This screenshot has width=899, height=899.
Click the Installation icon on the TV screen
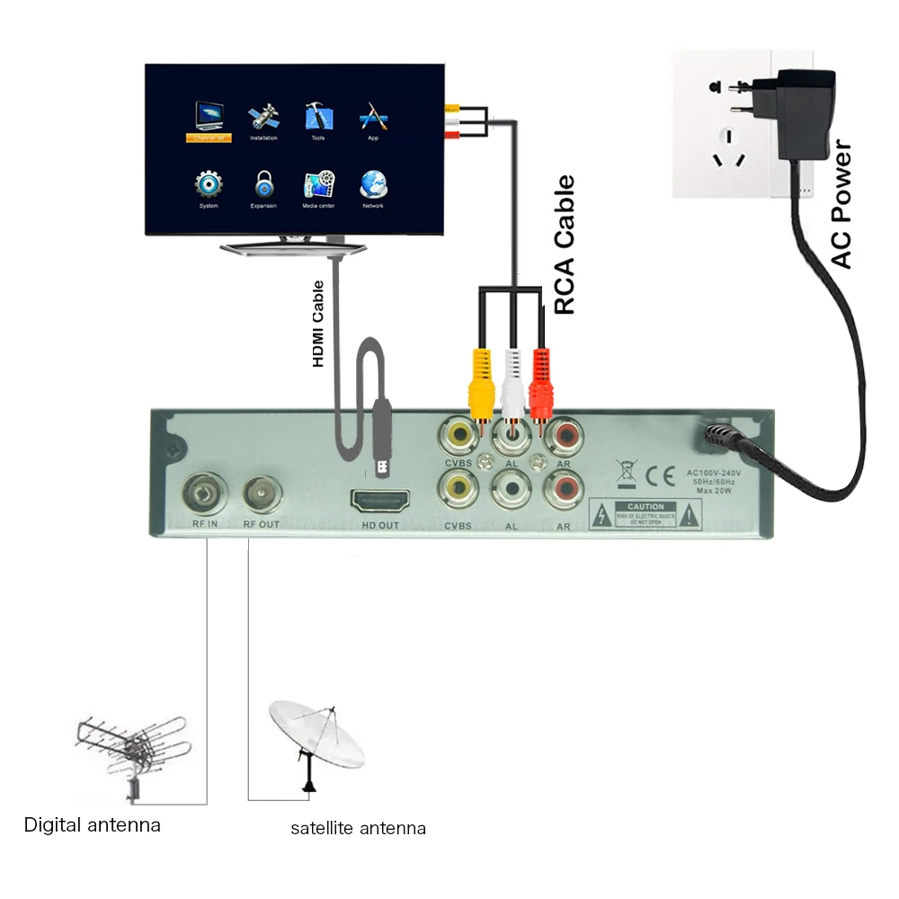pyautogui.click(x=263, y=116)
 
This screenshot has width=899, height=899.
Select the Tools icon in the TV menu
pyautogui.click(x=318, y=116)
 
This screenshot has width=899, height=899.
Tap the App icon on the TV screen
pyautogui.click(x=373, y=116)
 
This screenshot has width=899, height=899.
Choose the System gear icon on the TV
pyautogui.click(x=209, y=184)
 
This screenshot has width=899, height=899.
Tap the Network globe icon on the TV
pyautogui.click(x=373, y=184)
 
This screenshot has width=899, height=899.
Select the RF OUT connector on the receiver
pyautogui.click(x=262, y=491)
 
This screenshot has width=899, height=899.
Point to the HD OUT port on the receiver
pyautogui.click(x=380, y=501)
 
